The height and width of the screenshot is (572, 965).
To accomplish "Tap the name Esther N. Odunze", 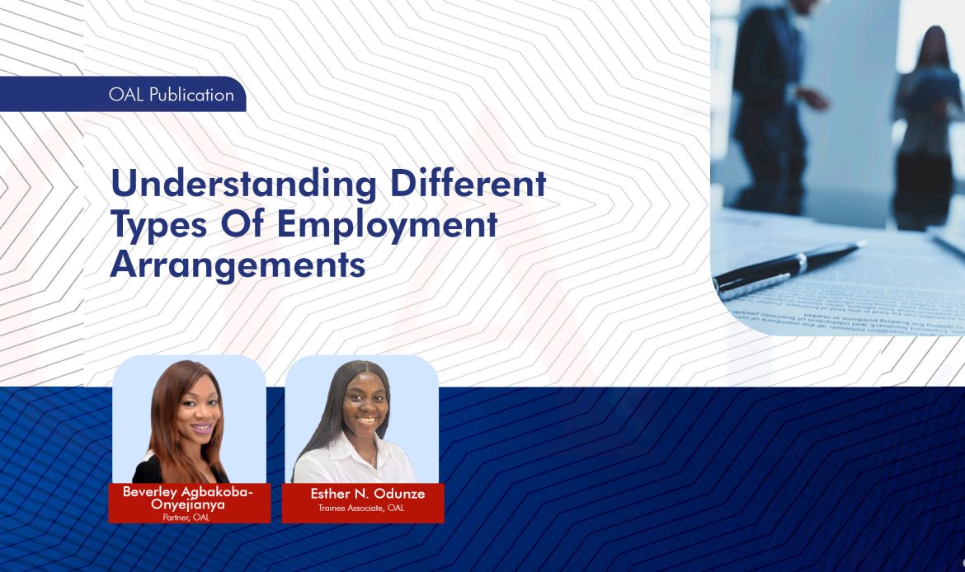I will [x=367, y=494].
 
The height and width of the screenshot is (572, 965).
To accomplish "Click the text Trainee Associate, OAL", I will [x=361, y=508].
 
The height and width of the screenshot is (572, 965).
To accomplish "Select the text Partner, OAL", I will [x=186, y=517].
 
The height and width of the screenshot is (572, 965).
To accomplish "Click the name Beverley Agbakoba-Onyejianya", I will [x=189, y=498].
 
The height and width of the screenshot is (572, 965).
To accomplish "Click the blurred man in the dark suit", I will [x=771, y=107].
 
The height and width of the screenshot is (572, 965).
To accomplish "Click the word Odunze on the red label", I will [x=397, y=494].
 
